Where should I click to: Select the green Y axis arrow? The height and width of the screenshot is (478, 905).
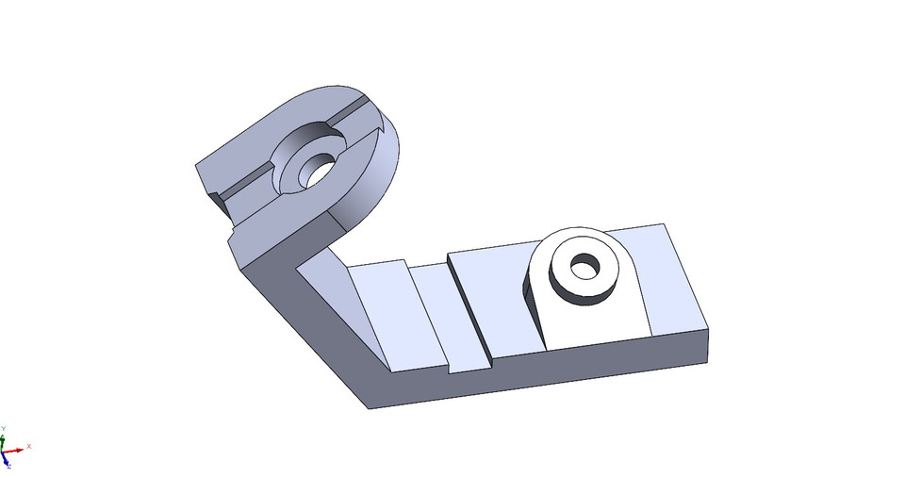(x=5, y=437)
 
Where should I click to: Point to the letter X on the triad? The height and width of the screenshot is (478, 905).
(x=29, y=446)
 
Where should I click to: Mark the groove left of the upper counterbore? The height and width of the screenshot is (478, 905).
(x=245, y=178)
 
